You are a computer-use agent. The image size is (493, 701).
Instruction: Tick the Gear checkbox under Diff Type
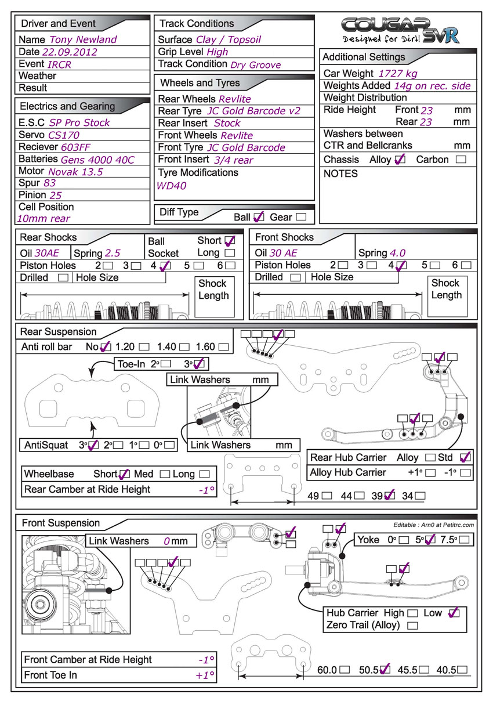click(x=301, y=217)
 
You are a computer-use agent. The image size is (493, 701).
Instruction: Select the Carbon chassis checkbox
click(x=461, y=159)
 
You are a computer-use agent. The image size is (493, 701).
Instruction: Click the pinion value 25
click(x=56, y=195)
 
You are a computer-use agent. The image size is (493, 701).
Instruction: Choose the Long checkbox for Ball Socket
click(x=230, y=253)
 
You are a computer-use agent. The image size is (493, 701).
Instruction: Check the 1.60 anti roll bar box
click(x=223, y=347)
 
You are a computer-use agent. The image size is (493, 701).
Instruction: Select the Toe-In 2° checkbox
click(x=166, y=364)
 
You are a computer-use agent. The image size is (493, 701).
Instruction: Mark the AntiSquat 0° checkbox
click(x=170, y=446)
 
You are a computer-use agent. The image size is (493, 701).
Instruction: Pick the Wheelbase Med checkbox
click(x=165, y=474)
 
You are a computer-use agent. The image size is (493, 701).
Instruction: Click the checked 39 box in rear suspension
click(x=389, y=496)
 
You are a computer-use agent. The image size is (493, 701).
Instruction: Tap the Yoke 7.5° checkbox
click(x=465, y=540)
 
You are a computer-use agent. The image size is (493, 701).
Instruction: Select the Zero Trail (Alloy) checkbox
click(x=413, y=626)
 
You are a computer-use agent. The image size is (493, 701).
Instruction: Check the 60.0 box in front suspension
click(x=345, y=670)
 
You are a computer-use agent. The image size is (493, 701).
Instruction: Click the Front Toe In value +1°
click(x=205, y=675)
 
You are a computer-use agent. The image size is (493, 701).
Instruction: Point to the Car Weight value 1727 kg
click(x=397, y=73)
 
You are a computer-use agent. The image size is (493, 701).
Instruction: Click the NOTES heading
click(x=340, y=174)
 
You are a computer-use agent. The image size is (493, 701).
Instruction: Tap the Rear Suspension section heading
click(x=58, y=332)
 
